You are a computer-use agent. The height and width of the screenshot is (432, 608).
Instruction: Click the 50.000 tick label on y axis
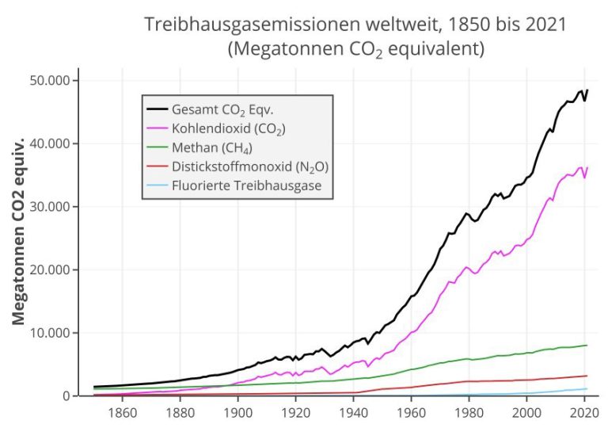click(x=51, y=81)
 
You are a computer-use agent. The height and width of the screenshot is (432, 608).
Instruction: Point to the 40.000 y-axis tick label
click(x=51, y=143)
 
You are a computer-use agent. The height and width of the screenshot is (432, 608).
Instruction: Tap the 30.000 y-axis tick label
click(x=51, y=207)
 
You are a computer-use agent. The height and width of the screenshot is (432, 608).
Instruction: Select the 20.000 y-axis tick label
click(x=51, y=270)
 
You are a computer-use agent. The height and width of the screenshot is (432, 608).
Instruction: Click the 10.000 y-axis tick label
click(x=51, y=333)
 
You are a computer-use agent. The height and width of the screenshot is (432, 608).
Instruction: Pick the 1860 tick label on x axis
click(x=122, y=412)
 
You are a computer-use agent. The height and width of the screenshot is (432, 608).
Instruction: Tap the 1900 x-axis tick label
click(x=237, y=412)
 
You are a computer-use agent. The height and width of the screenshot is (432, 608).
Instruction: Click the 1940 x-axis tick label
click(x=353, y=412)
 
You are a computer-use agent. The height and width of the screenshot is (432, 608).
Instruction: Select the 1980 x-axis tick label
click(x=469, y=412)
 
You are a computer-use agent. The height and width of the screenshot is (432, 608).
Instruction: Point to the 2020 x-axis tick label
click(x=583, y=412)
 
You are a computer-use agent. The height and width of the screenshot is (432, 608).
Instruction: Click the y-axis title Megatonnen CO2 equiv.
click(x=19, y=230)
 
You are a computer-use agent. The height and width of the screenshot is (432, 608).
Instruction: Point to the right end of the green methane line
click(x=587, y=345)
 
